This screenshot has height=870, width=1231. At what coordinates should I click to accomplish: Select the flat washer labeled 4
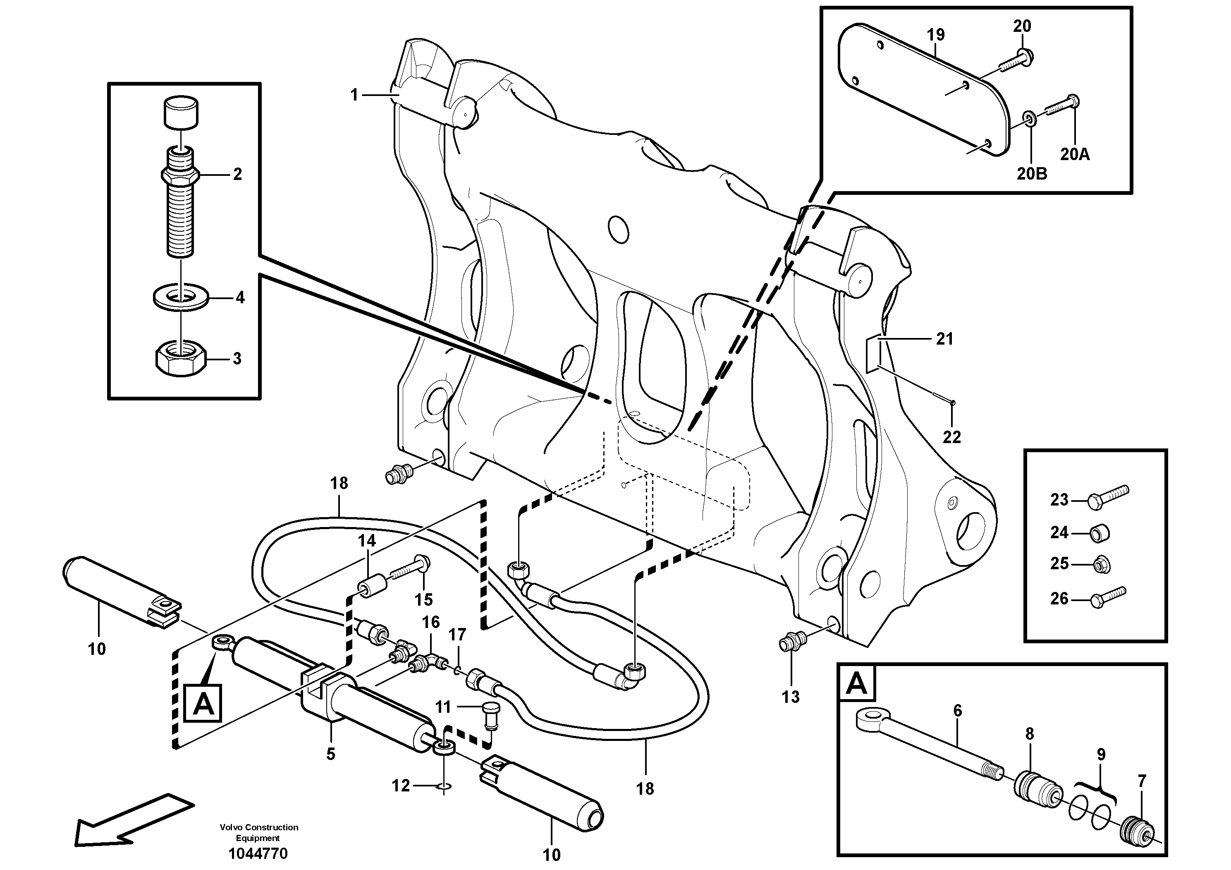click(181, 297)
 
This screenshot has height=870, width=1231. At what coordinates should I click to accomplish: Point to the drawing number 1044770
click(258, 853)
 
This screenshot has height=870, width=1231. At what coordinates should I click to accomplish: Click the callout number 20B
click(1032, 174)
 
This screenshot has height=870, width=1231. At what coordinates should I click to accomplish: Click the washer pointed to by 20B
click(1028, 118)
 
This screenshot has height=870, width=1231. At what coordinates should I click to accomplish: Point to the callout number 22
click(951, 437)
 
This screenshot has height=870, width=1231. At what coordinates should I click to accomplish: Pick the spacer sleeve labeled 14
click(371, 584)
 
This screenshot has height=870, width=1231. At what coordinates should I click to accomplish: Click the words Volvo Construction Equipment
click(258, 832)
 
